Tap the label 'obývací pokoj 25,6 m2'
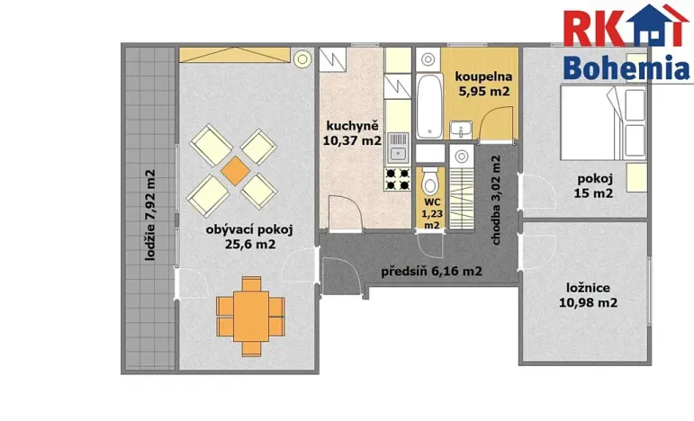[x=240, y=236]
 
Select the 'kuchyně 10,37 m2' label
[x=352, y=132]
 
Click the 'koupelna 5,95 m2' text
[x=482, y=84]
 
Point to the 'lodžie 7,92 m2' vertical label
[x=150, y=216]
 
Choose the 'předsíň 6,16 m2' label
[x=431, y=271]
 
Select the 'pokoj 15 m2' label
[x=595, y=184]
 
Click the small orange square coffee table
[x=234, y=169]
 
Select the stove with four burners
[x=397, y=178]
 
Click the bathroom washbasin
[x=459, y=127]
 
